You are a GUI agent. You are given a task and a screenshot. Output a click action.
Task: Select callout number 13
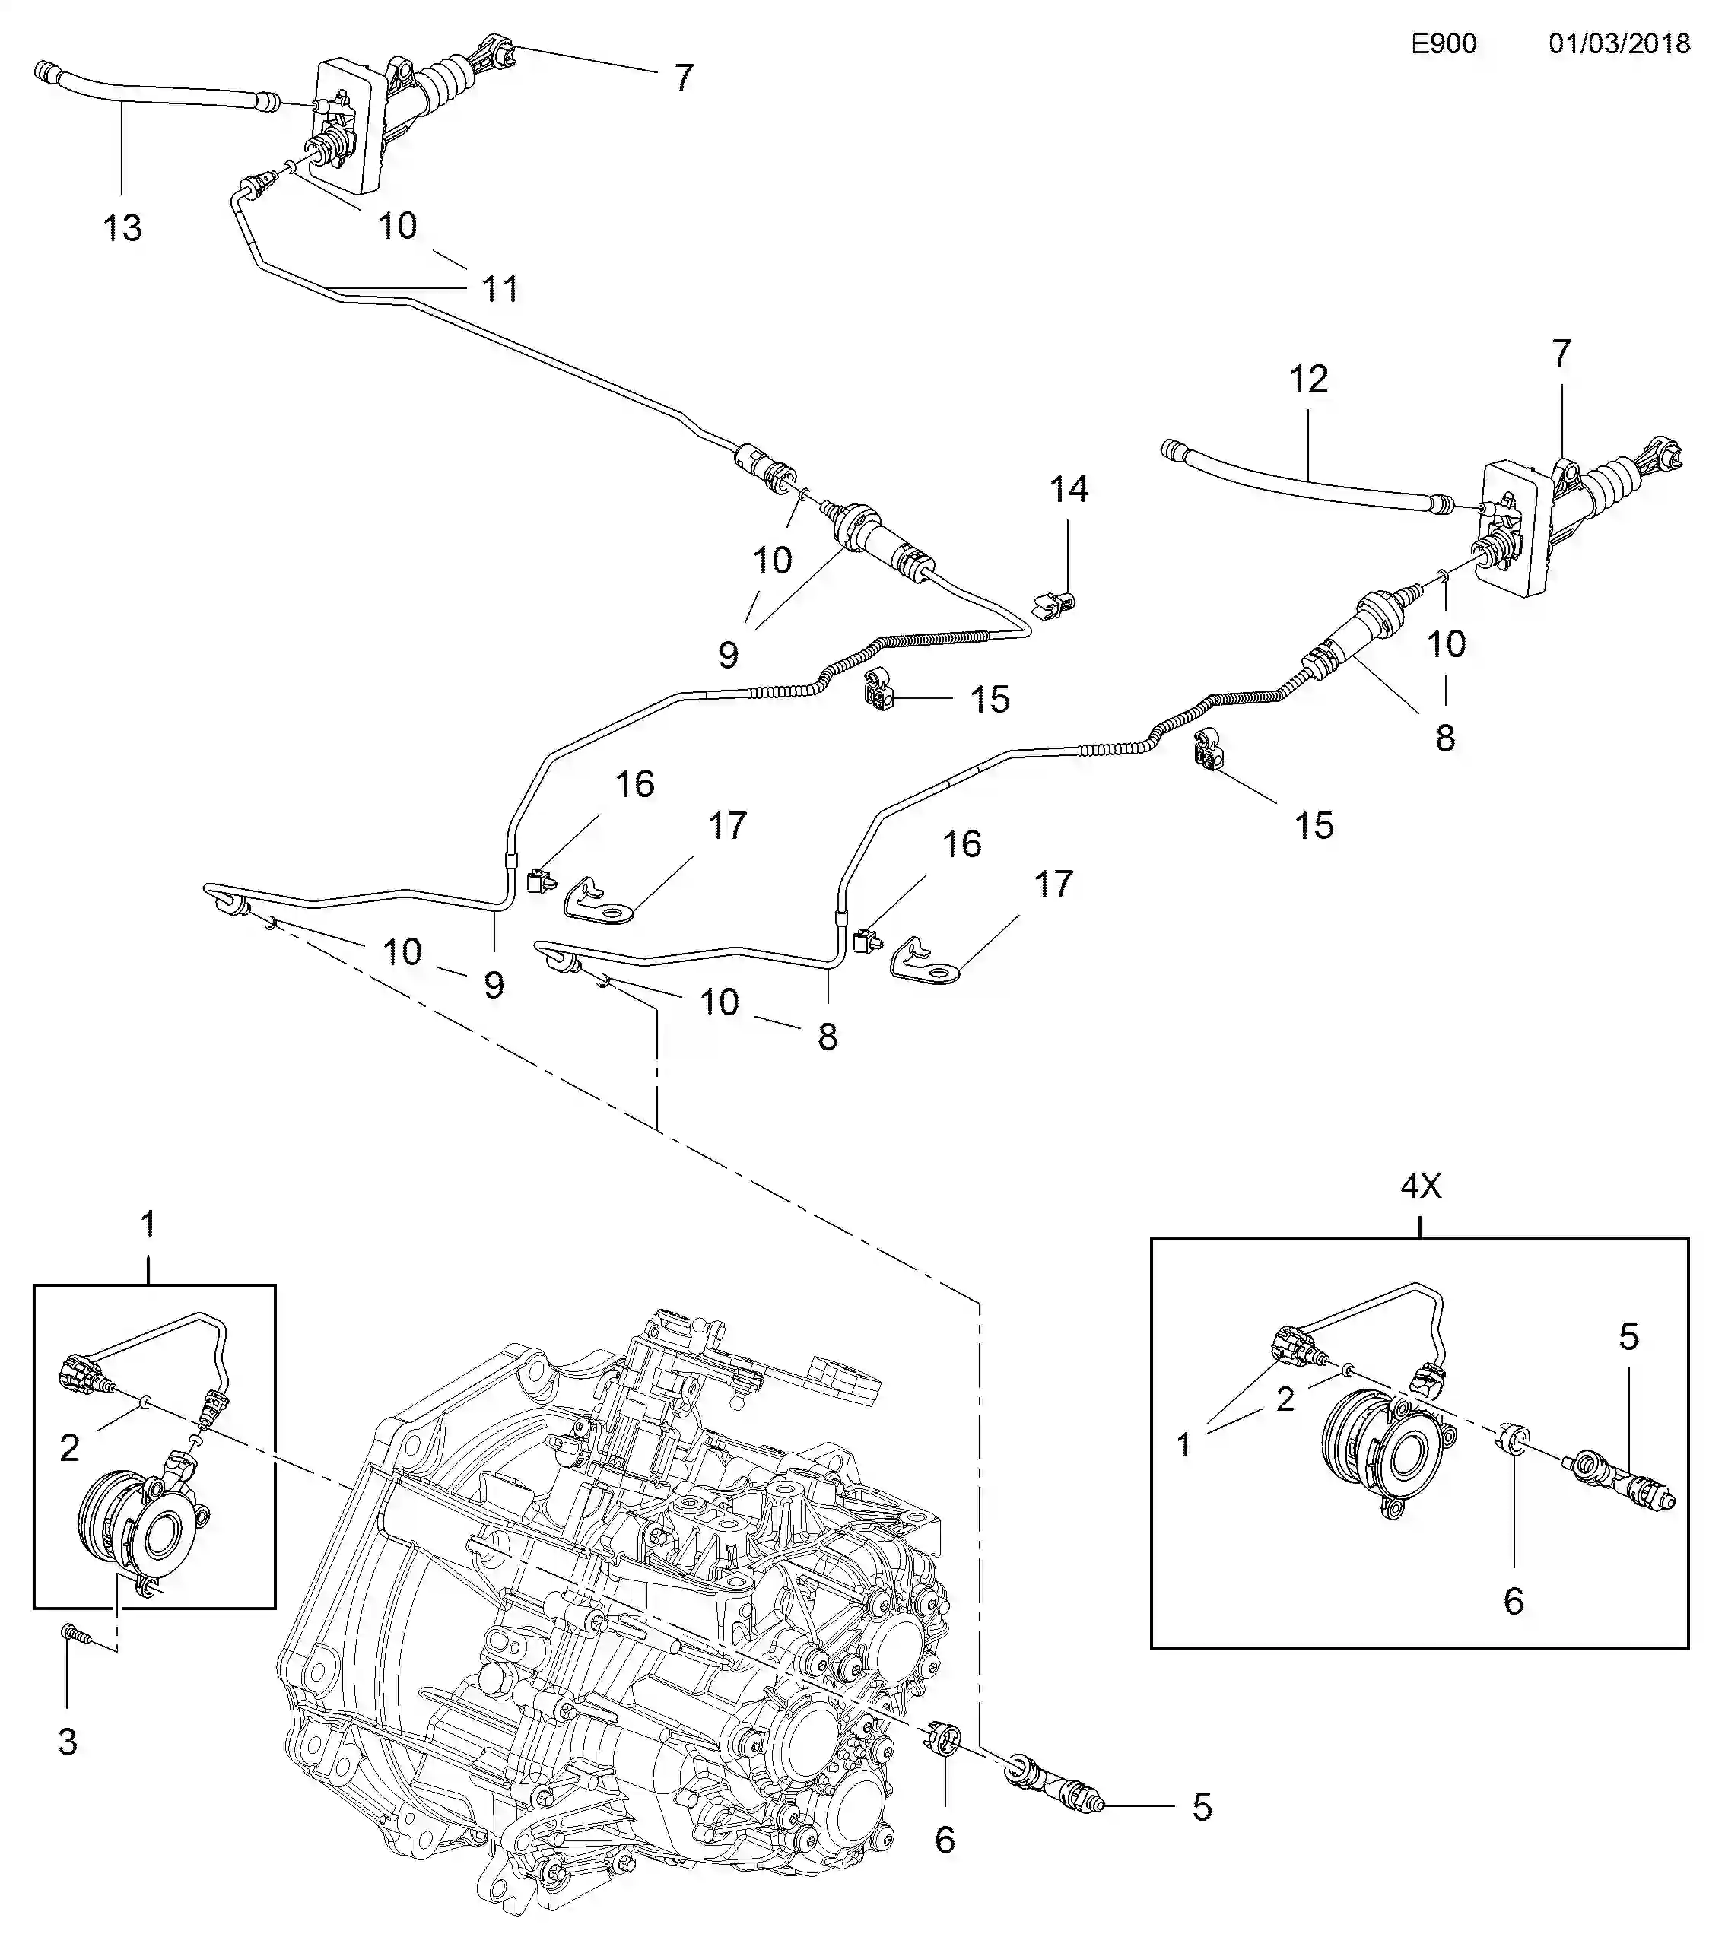coord(122,228)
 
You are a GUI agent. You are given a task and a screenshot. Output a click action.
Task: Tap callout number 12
coord(1307,380)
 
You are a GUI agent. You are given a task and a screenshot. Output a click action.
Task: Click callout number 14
coord(1068,490)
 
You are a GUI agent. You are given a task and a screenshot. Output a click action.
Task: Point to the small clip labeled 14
coord(1053,605)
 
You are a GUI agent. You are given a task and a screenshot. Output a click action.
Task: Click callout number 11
coord(500,289)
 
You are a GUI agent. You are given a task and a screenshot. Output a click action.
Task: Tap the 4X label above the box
coord(1420,1186)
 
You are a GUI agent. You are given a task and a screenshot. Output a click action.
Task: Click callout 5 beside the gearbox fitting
coord(1201,1807)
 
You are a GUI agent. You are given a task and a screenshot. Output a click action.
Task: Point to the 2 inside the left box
coord(68,1448)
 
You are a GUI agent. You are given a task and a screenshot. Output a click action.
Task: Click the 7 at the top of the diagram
coord(683,78)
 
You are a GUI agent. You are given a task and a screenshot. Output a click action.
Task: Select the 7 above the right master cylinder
coord(1561,354)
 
